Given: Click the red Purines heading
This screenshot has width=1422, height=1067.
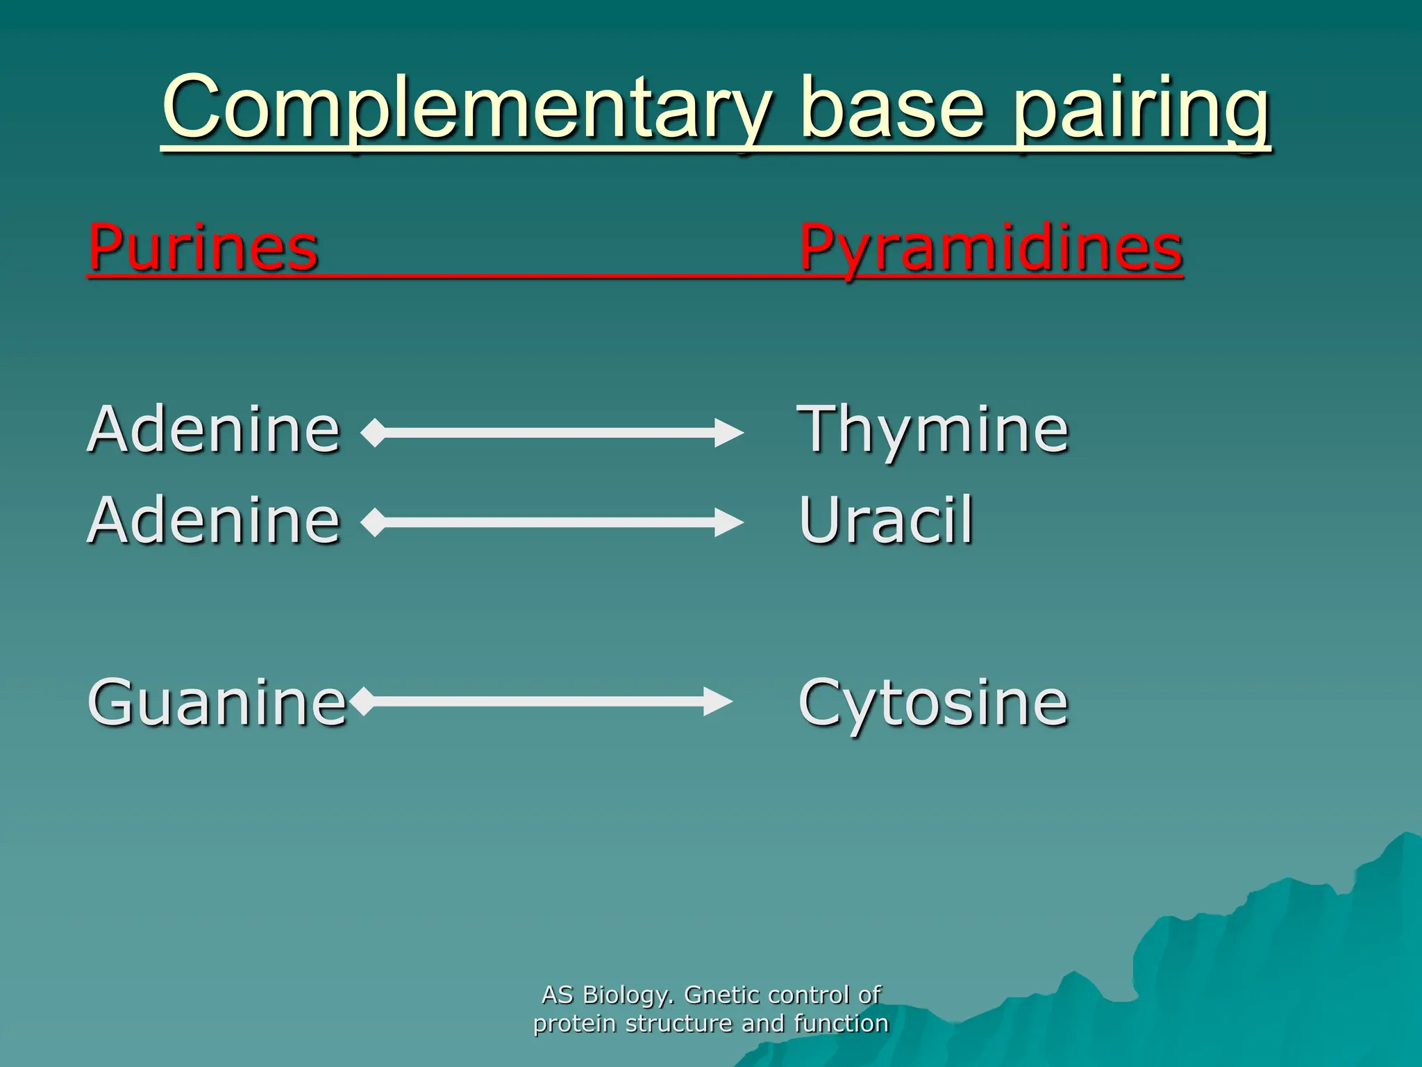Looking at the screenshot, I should pos(203,248).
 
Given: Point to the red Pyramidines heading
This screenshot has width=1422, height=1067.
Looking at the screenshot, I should pos(991,248).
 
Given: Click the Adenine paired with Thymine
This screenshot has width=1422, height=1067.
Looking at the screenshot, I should pos(213,430).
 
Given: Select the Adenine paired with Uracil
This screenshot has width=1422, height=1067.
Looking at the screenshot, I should pos(213,520).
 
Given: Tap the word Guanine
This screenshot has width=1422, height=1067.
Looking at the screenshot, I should pos(217,702).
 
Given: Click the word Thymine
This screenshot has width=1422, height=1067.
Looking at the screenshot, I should pos(932,430).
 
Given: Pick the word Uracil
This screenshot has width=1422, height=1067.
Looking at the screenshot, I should pos(886,520).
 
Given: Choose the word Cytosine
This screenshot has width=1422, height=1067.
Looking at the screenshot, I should pos(932,704).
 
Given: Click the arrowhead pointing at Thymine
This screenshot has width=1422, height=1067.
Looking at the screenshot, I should pos(729,433).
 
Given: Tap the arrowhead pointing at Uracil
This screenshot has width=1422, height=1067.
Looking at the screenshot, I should pos(729,522).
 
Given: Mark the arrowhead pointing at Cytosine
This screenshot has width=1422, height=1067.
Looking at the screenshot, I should pos(718,701).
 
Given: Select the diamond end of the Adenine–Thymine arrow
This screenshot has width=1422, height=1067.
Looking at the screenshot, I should pos(374,433).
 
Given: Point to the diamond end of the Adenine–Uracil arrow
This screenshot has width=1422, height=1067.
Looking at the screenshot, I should pos(374,522).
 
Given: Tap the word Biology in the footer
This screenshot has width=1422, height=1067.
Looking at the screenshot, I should pos(628,995).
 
